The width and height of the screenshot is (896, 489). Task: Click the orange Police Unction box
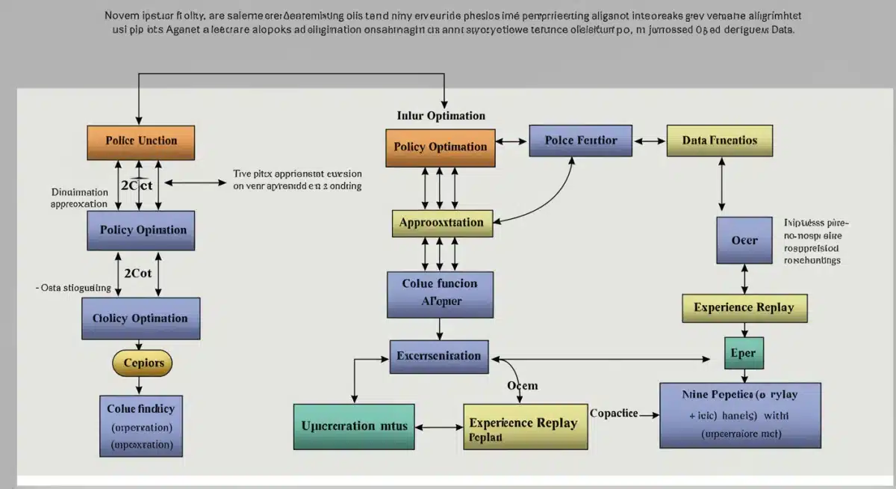[141, 141]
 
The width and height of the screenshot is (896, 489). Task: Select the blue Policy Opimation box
[142, 230]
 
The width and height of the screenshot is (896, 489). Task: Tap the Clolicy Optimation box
[140, 319]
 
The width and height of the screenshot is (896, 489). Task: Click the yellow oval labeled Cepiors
[142, 363]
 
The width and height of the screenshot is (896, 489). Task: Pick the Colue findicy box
[140, 426]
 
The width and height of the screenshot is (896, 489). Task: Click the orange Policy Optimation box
[440, 147]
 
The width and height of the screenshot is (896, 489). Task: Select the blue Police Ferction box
[580, 141]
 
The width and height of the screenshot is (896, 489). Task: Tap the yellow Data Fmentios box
[719, 141]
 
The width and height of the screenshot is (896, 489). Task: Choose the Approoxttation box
[441, 223]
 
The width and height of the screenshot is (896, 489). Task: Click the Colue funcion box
[439, 293]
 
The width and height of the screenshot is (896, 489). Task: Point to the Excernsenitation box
[440, 356]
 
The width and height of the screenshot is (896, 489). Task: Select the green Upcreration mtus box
[354, 425]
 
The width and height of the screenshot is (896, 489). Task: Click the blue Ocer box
[744, 240]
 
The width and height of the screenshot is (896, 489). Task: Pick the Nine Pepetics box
[740, 414]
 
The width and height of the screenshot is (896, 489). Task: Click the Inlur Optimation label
[441, 116]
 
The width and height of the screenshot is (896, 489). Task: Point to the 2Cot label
[137, 274]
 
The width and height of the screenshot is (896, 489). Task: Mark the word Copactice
[614, 413]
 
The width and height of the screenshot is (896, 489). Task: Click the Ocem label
[523, 386]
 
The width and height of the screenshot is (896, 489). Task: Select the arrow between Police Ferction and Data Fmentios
[649, 141]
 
